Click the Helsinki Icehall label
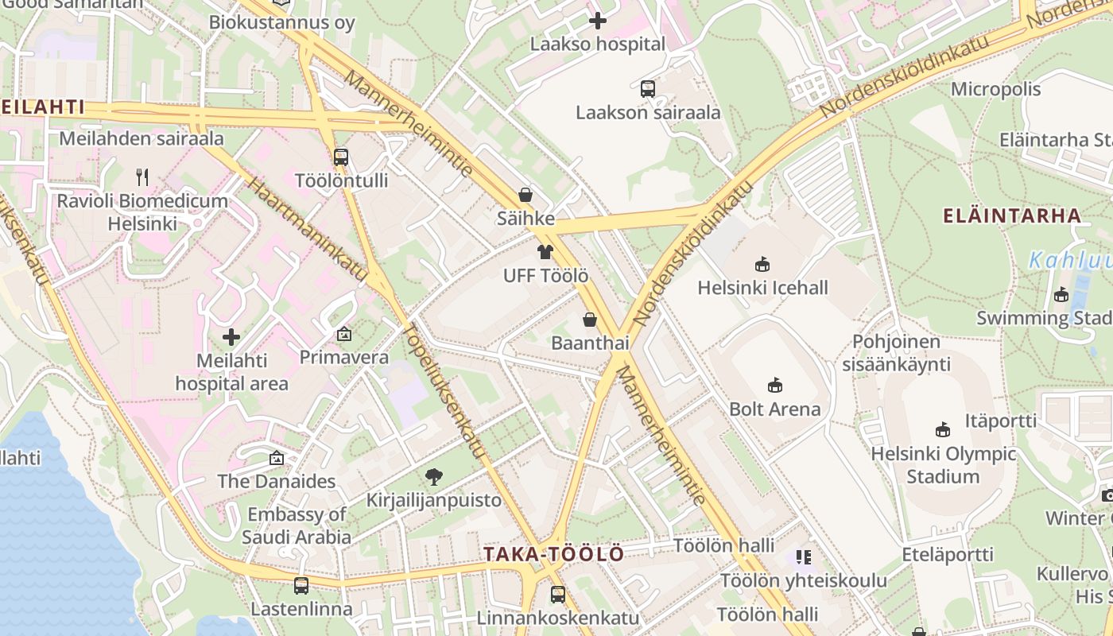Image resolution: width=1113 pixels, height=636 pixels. tap(762, 288)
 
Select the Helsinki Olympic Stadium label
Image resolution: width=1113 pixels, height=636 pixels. tap(944, 465)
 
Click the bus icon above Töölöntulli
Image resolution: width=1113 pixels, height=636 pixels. tap(341, 157)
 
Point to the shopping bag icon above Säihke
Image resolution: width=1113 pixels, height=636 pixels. tap(525, 195)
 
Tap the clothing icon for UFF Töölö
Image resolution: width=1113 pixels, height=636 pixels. tap(545, 253)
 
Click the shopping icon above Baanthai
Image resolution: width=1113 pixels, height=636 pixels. tap(590, 320)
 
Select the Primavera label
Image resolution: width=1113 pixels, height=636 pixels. tap(343, 358)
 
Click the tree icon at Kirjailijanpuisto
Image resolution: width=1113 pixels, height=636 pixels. tap(433, 477)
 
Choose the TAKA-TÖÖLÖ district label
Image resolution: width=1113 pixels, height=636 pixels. tap(554, 554)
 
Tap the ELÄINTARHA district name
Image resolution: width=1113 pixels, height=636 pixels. tap(1011, 215)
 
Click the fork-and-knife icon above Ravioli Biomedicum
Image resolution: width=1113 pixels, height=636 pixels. tap(142, 176)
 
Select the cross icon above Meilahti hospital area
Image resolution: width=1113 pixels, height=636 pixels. tap(231, 337)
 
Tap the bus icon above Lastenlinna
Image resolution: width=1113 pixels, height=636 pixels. tap(301, 586)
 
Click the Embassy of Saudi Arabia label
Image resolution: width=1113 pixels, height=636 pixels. tap(297, 525)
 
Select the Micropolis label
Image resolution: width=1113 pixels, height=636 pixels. tap(995, 89)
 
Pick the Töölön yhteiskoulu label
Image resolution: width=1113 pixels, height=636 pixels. tap(803, 580)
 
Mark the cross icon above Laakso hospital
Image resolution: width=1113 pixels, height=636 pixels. tap(598, 21)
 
